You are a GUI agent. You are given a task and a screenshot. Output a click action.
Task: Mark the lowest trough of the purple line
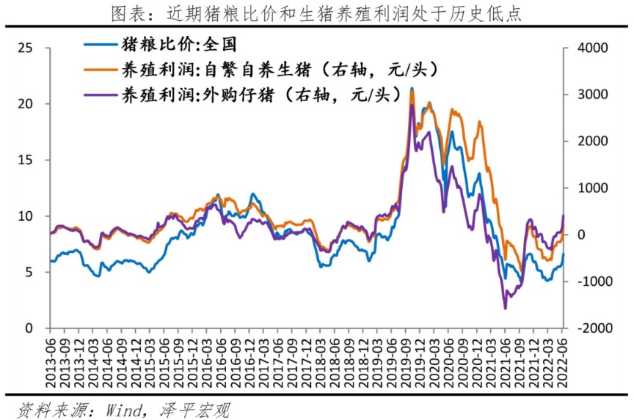(x=505, y=309)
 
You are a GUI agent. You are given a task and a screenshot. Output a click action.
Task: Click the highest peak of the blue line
(x=412, y=89)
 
